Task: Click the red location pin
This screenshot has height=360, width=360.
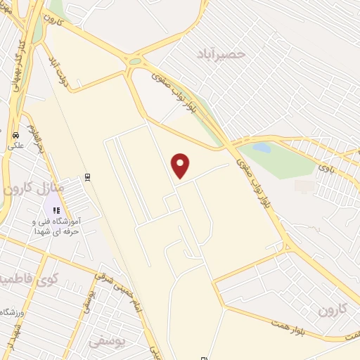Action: click(181, 165)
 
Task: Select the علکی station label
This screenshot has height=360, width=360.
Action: click(15, 146)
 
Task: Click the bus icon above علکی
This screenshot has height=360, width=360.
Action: click(15, 135)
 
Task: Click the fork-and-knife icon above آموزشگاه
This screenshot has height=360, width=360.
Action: click(57, 210)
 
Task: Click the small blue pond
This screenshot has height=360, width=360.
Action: click(262, 148)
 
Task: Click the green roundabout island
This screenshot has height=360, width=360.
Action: click(134, 61)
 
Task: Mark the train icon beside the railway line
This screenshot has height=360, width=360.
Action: click(87, 177)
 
